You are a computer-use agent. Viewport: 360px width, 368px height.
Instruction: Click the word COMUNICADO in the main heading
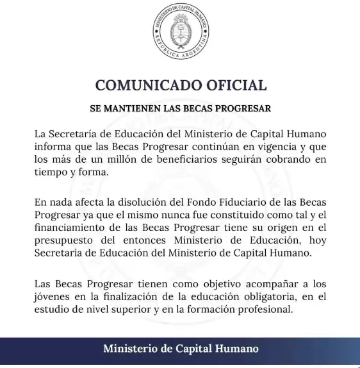[143, 85]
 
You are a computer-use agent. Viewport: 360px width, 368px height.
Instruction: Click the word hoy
[318, 240]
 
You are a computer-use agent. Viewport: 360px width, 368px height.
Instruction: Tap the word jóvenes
[55, 297]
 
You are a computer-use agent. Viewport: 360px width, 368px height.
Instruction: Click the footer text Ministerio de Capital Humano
[181, 349]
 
